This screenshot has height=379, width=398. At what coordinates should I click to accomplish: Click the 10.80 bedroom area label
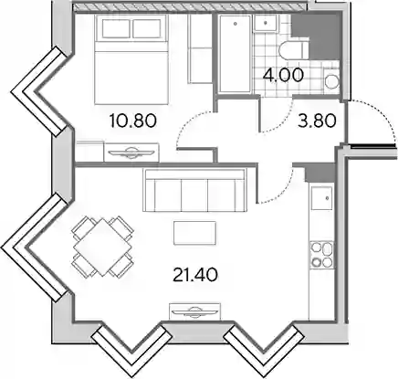(x=133, y=121)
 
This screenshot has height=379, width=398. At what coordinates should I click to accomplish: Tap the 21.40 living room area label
(x=195, y=275)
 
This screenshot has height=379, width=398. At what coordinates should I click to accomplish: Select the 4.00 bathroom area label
(x=283, y=75)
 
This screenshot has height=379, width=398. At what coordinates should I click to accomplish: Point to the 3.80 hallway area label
(x=317, y=121)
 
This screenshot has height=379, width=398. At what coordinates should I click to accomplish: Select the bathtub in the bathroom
(x=236, y=53)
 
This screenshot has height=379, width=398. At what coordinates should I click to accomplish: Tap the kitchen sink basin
(x=321, y=198)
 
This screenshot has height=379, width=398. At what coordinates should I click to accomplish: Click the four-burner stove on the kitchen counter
(x=321, y=255)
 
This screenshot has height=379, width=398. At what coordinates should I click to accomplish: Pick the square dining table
(x=102, y=247)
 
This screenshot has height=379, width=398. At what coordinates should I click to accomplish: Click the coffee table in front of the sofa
(x=194, y=233)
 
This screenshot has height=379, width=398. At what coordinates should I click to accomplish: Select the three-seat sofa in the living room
(x=195, y=190)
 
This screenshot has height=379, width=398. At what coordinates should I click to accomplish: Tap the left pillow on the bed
(x=116, y=28)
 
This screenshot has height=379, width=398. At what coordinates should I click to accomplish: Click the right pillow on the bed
(x=147, y=28)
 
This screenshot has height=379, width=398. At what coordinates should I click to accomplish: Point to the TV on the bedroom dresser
(x=132, y=153)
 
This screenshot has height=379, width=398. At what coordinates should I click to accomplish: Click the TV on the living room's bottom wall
(x=194, y=311)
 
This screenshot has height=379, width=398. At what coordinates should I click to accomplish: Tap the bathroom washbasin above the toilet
(x=266, y=23)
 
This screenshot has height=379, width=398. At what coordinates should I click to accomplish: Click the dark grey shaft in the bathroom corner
(x=317, y=36)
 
